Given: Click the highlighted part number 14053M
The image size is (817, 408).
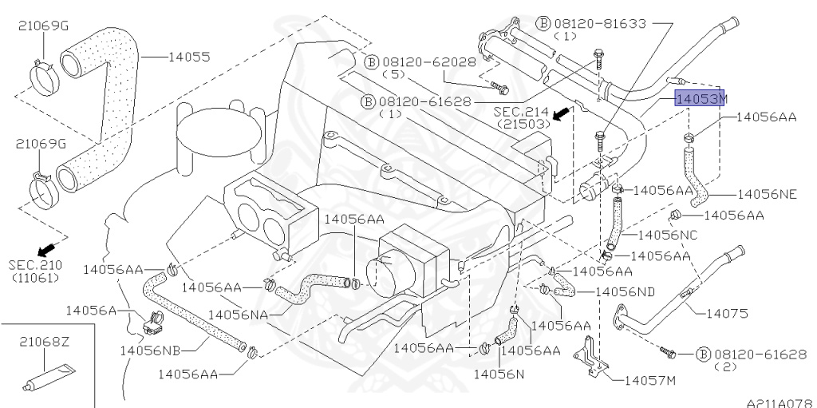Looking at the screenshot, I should pos(701,99).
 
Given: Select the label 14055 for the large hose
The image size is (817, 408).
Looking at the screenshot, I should pos(188,57).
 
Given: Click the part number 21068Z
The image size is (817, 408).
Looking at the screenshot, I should pos(45,342).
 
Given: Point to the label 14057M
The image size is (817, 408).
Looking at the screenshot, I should pos(649,380).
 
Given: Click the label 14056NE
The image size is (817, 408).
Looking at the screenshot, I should pos(766,194).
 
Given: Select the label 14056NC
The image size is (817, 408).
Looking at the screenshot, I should pos(668,236).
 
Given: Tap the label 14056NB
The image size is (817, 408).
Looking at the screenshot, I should pos(149,350).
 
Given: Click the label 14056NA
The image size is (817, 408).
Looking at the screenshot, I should pos(237,315).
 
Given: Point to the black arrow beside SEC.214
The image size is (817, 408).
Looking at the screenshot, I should pos(563,113).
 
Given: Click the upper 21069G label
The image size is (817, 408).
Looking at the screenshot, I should pos(44,26).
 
